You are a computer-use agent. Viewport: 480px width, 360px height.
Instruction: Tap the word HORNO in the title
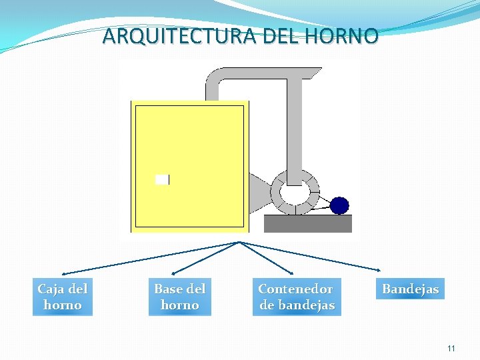[347, 36]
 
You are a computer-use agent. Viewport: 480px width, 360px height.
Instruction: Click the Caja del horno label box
[63, 297]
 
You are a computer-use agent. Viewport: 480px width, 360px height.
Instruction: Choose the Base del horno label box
[180, 297]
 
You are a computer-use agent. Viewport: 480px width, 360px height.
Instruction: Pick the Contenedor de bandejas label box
[296, 297]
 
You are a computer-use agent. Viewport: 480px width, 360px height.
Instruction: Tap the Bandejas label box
[410, 289]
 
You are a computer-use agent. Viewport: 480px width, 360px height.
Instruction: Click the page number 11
[451, 348]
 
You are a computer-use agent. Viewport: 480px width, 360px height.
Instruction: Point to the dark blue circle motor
[339, 205]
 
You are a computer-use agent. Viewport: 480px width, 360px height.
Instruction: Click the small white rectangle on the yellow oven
[162, 179]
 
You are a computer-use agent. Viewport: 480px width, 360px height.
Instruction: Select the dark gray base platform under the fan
[307, 223]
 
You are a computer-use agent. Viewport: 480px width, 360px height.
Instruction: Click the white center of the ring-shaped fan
[294, 192]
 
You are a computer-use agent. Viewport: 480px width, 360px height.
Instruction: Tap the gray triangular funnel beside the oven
[258, 193]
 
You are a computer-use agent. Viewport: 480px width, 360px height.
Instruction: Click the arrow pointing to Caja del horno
[147, 258]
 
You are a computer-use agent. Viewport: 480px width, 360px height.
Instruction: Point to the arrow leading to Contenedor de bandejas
[267, 258]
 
